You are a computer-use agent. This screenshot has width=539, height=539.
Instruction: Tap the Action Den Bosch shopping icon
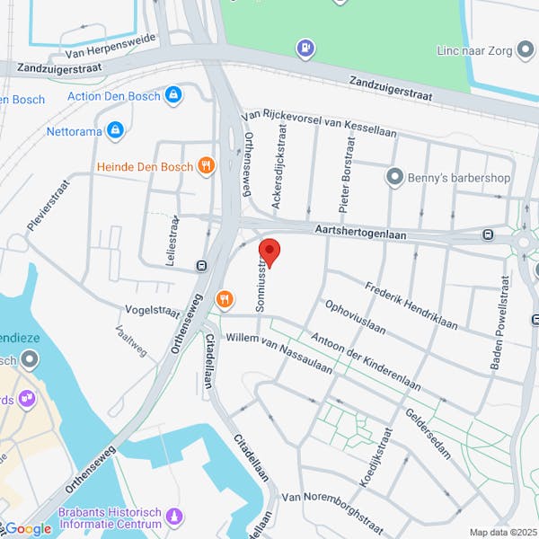(173, 94)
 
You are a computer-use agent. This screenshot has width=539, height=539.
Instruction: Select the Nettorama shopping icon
(114, 131)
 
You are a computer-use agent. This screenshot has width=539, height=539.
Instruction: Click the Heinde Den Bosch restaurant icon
(207, 165)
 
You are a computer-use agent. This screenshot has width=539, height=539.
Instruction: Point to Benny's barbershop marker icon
(393, 177)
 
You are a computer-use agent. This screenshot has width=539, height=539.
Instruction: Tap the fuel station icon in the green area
(306, 48)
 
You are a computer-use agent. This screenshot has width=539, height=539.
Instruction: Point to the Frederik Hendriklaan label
(411, 305)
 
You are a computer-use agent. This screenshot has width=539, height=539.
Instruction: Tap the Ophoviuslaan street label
(356, 317)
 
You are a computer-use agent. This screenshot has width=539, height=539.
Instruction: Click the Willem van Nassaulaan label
(279, 351)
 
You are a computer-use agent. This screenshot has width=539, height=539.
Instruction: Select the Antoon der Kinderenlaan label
(365, 362)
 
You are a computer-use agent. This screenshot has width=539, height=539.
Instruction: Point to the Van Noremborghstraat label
(334, 508)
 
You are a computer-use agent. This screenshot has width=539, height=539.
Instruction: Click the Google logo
(28, 529)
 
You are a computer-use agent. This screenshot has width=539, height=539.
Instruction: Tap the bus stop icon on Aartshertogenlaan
(488, 235)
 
